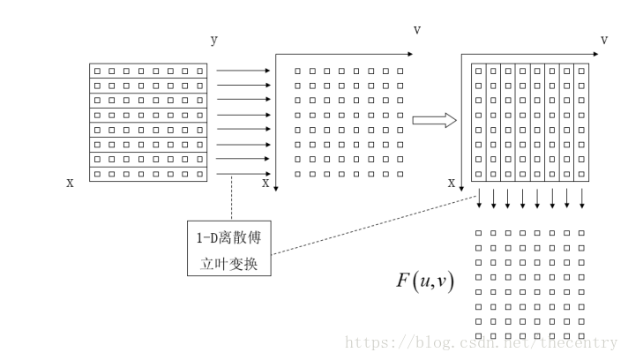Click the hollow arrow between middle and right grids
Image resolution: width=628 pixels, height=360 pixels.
435,120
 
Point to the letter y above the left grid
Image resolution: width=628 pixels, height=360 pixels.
213,41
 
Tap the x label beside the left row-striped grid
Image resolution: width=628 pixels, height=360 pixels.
70,183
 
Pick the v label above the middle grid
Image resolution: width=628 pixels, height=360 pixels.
416,30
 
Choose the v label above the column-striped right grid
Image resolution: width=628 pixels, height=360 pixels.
604,40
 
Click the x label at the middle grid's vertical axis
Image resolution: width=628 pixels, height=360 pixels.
265,184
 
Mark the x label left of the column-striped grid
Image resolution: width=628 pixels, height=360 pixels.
452,183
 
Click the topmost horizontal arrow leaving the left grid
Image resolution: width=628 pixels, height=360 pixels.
243,71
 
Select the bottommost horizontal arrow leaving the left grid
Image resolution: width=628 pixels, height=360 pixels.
243,174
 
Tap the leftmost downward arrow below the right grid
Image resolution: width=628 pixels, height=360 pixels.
479,200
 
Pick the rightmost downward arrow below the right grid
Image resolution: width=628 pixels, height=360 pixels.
581,200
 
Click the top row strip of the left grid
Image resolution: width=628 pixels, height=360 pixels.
148,71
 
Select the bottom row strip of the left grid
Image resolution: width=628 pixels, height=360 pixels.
148,174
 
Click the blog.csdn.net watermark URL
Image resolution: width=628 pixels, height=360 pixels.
481,342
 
